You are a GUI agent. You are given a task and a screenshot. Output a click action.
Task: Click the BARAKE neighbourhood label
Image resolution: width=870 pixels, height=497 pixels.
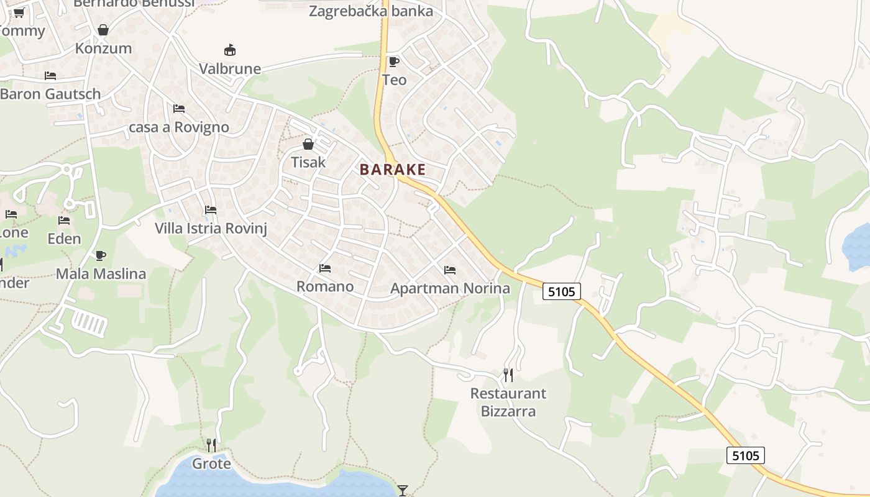[x=393, y=170]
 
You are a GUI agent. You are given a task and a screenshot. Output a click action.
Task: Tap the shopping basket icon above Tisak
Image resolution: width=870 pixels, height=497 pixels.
[x=308, y=145]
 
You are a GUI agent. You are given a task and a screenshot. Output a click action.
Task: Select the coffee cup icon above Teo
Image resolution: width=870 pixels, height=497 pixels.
[x=393, y=62]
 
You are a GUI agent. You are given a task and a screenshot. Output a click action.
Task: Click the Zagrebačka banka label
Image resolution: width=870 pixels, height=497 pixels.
[x=371, y=11]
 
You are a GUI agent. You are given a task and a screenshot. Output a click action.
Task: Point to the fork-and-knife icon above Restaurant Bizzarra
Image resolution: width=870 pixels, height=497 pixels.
[x=508, y=375]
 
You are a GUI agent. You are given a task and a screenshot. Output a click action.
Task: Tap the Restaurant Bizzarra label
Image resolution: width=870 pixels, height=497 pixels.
[x=508, y=402]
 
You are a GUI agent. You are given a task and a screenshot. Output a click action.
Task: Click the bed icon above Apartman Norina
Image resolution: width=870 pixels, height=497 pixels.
[x=450, y=270]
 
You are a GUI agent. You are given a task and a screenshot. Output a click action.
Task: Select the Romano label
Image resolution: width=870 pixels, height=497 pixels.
[x=325, y=286]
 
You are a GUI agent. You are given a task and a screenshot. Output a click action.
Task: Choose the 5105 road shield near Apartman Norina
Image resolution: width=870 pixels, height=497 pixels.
[x=562, y=291]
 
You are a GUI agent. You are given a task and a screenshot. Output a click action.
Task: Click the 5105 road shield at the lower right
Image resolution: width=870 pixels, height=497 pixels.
[x=746, y=455]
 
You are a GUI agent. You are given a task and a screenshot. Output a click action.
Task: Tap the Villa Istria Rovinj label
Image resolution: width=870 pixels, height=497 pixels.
[x=211, y=228]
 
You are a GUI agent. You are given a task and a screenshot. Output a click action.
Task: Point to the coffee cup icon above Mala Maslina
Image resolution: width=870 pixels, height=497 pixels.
[x=101, y=255]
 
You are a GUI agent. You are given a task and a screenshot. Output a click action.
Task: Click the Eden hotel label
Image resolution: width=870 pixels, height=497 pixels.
[x=64, y=239]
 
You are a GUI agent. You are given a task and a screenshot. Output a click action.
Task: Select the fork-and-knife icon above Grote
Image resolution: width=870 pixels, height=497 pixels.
[x=211, y=445]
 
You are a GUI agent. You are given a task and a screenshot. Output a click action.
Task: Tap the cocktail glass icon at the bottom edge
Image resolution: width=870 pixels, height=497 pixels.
[x=403, y=491]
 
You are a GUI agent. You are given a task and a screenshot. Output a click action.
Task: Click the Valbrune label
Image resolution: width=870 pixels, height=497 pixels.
[x=230, y=68]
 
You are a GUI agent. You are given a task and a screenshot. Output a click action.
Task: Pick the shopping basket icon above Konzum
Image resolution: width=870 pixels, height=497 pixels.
[x=103, y=30]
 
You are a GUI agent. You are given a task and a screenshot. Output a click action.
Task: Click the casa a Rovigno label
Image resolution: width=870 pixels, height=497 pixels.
[x=179, y=127]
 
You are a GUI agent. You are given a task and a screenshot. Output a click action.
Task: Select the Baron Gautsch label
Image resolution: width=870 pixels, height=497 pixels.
[x=50, y=94]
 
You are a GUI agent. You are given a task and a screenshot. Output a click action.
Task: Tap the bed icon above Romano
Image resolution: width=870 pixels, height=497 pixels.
[x=325, y=268]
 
